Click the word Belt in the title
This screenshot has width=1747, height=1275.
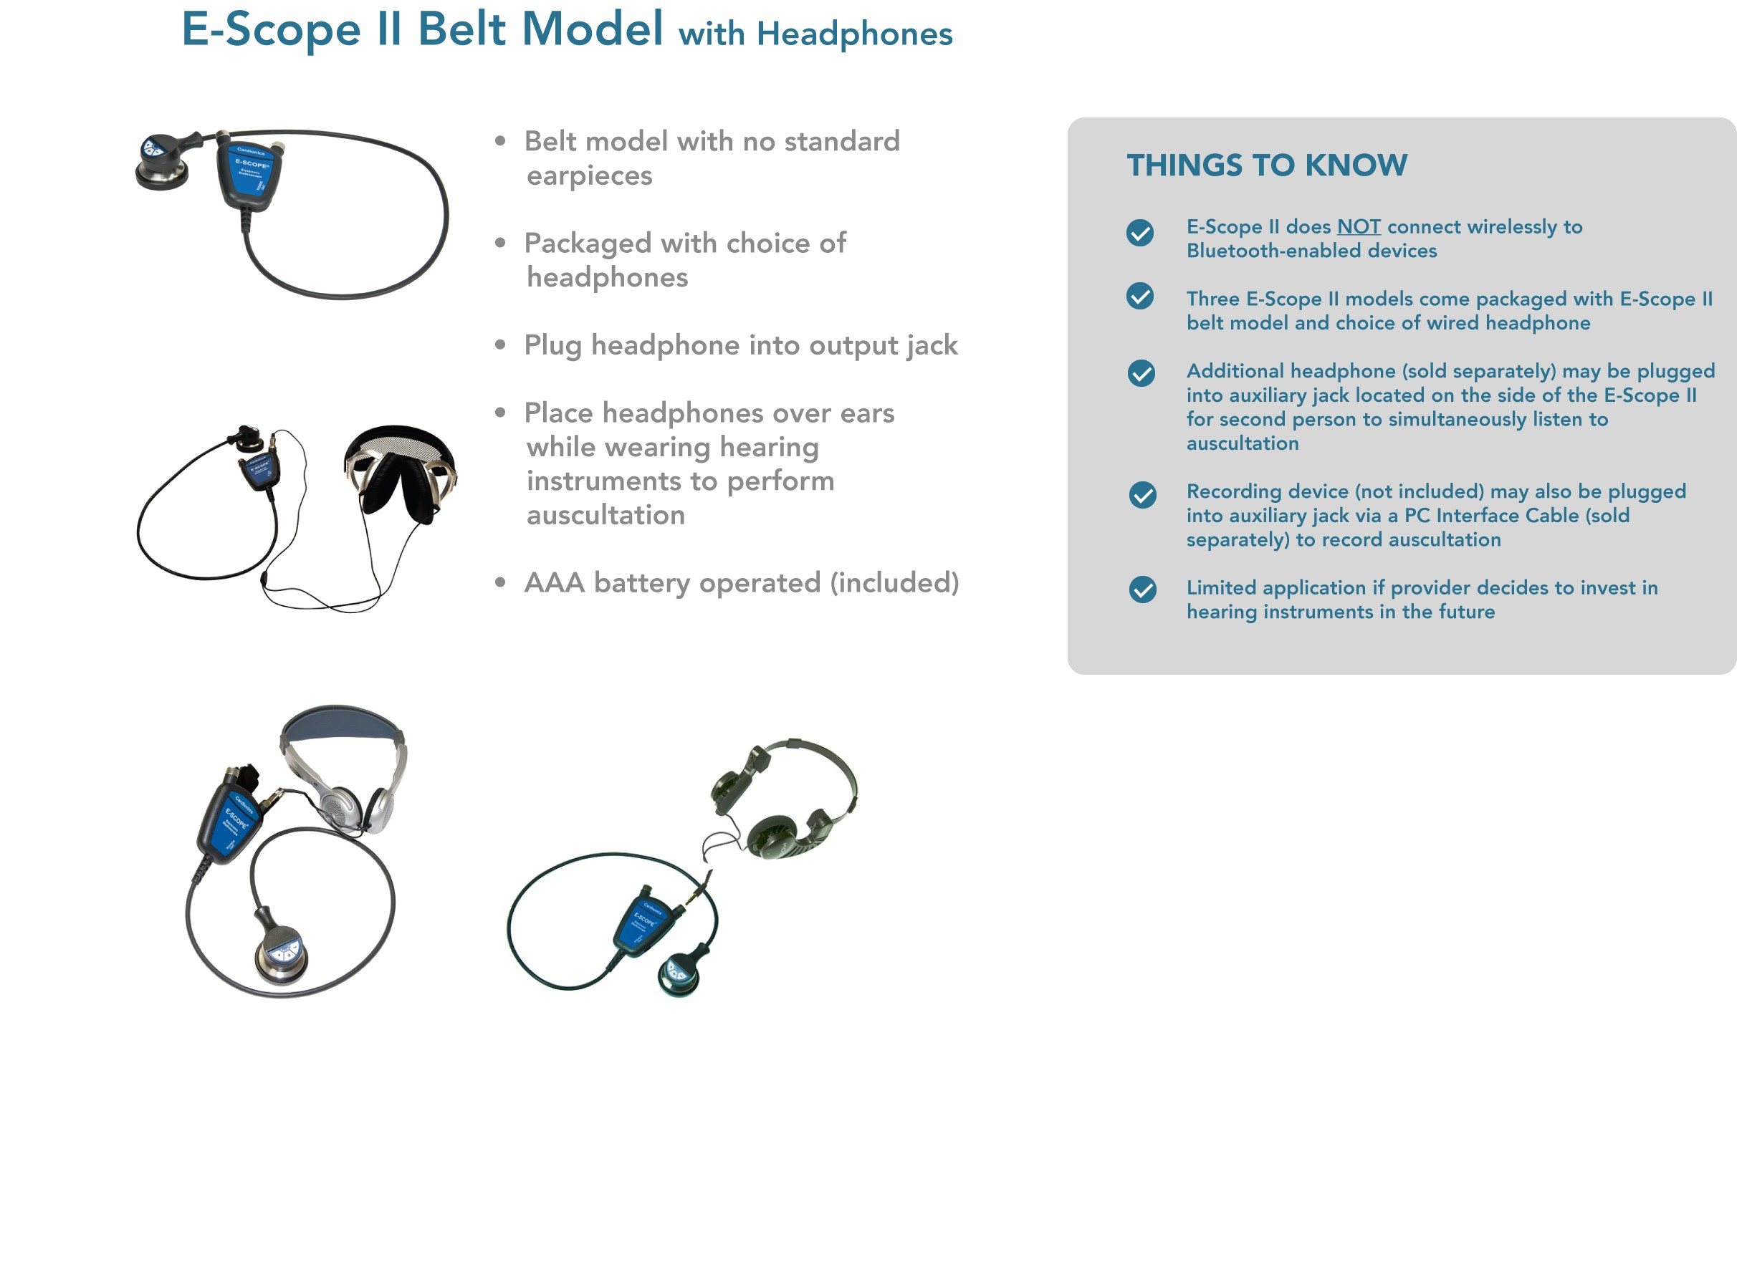[x=461, y=29]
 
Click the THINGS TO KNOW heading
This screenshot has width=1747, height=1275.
[x=1266, y=165]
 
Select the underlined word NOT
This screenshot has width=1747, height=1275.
[x=1358, y=227]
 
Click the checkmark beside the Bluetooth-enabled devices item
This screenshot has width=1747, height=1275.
[x=1139, y=233]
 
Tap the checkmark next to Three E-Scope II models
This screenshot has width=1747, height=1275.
[x=1139, y=297]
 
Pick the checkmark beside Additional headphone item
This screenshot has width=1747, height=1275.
[x=1141, y=374]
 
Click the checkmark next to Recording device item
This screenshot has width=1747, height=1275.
[x=1141, y=496]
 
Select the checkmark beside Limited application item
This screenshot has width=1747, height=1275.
[x=1141, y=590]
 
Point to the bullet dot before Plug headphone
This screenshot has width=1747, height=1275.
[x=500, y=345]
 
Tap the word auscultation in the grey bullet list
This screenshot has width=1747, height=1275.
[x=606, y=516]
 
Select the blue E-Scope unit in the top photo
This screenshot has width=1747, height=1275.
[x=251, y=176]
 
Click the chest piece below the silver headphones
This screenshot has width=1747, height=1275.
[x=281, y=956]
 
